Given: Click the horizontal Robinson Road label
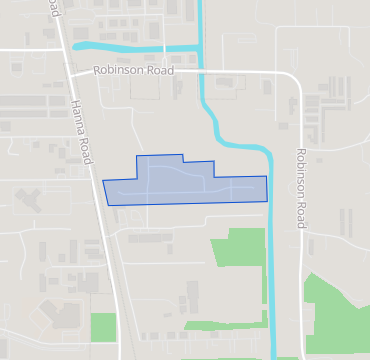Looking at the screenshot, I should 134,71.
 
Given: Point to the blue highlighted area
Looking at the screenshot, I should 185,182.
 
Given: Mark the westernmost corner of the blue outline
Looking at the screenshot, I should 103,181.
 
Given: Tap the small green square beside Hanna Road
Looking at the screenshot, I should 104,326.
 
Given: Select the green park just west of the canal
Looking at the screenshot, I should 238,247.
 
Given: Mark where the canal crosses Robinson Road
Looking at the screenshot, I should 204,72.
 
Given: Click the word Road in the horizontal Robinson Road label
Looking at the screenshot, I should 158,71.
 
